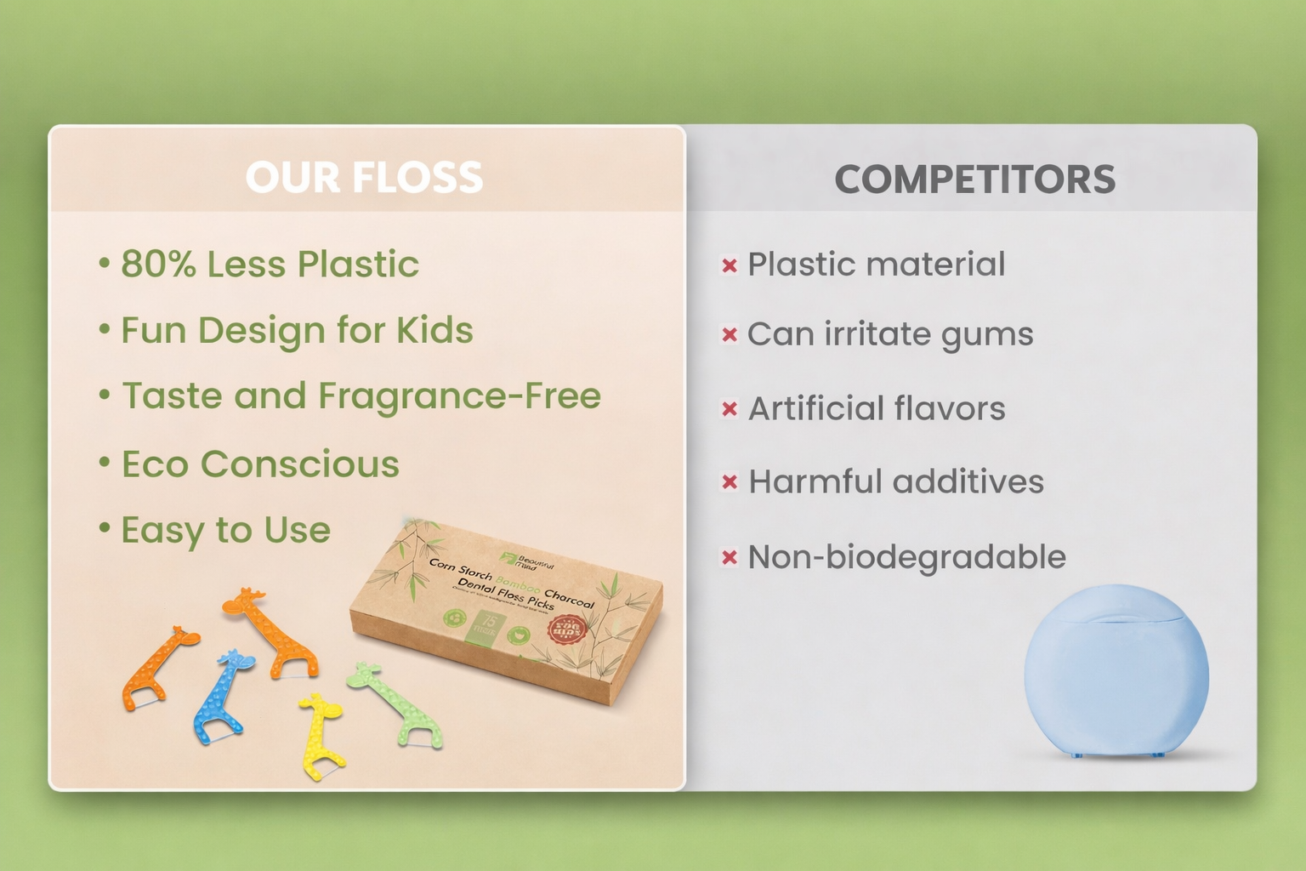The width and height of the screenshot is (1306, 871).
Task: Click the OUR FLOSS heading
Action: pyautogui.click(x=364, y=177)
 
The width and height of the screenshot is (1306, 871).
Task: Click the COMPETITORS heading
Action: pyautogui.click(x=974, y=179)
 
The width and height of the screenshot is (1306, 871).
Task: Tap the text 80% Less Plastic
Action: pyautogui.click(x=270, y=264)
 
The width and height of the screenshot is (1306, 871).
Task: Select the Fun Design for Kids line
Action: pyautogui.click(x=297, y=330)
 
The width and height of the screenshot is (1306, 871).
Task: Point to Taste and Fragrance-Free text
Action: pyautogui.click(x=361, y=396)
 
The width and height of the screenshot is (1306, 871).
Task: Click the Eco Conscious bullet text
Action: pyautogui.click(x=260, y=464)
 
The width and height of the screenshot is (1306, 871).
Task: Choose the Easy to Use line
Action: pyautogui.click(x=225, y=530)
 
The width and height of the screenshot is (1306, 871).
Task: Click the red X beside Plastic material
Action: pyautogui.click(x=729, y=265)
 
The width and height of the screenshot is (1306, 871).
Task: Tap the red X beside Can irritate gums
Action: pyautogui.click(x=729, y=335)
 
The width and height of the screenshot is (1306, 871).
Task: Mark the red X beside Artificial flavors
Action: pyautogui.click(x=729, y=409)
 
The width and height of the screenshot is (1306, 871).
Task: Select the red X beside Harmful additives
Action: pyautogui.click(x=729, y=482)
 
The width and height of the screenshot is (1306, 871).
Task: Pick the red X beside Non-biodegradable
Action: pyautogui.click(x=729, y=558)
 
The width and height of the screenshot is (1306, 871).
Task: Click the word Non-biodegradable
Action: pyautogui.click(x=906, y=557)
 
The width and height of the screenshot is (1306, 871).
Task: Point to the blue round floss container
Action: pyautogui.click(x=1116, y=672)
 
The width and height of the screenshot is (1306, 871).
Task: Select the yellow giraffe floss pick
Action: pyautogui.click(x=321, y=733)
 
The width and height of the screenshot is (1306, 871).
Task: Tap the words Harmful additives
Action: pyautogui.click(x=895, y=481)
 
